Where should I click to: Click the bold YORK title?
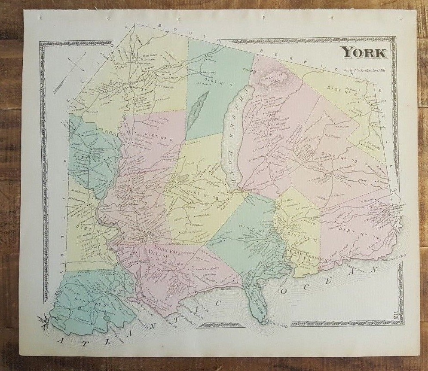pyautogui.click(x=364, y=53)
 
